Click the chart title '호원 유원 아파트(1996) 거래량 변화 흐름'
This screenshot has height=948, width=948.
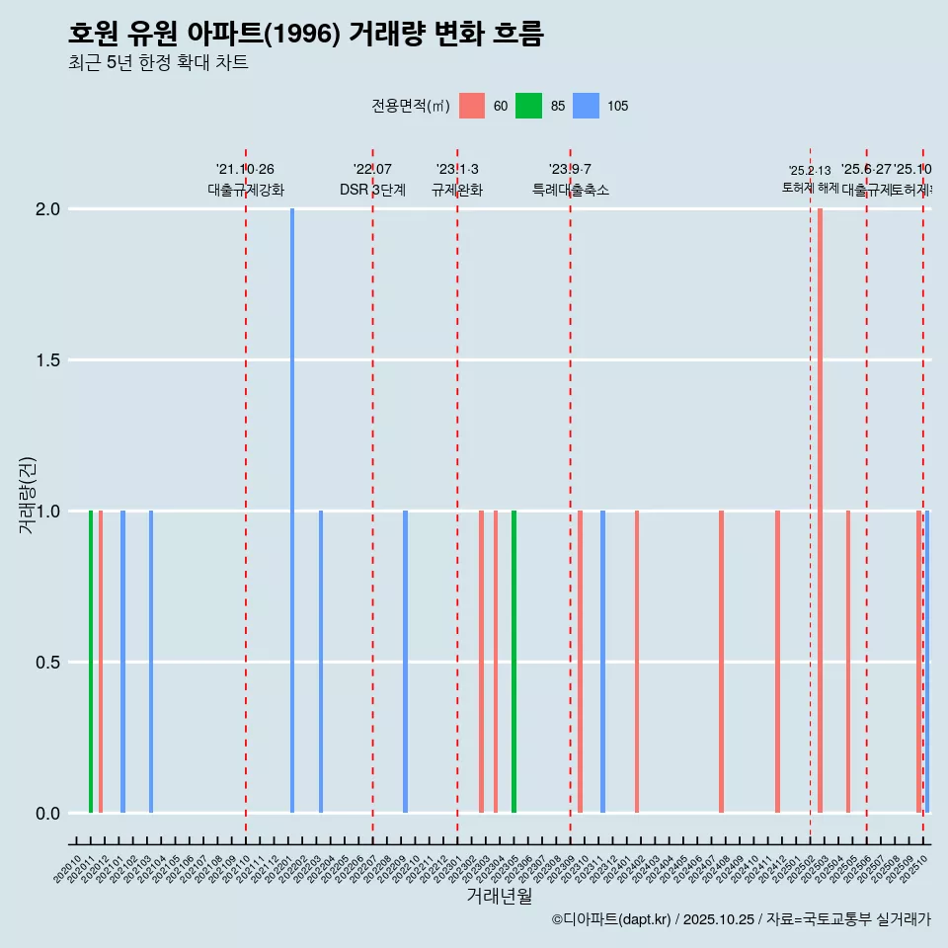click(305, 34)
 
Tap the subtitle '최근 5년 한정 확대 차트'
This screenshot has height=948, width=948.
click(158, 63)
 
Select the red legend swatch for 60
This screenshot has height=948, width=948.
click(472, 106)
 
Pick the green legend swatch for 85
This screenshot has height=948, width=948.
click(529, 106)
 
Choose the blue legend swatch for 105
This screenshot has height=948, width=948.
click(587, 106)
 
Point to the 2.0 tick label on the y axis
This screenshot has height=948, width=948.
click(47, 209)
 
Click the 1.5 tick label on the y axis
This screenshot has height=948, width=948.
click(47, 360)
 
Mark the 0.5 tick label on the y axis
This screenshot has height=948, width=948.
click(47, 663)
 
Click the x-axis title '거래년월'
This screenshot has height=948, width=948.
click(499, 896)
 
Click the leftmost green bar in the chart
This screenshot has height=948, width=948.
click(91, 662)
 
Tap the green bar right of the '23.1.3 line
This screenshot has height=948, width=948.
click(513, 662)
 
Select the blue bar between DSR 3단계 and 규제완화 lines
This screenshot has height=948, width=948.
click(405, 662)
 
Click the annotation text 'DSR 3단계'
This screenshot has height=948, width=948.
click(372, 190)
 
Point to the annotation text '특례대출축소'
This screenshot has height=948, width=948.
click(570, 190)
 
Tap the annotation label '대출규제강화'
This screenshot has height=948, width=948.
click(246, 190)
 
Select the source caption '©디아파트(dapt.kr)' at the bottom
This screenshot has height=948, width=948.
click(612, 919)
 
